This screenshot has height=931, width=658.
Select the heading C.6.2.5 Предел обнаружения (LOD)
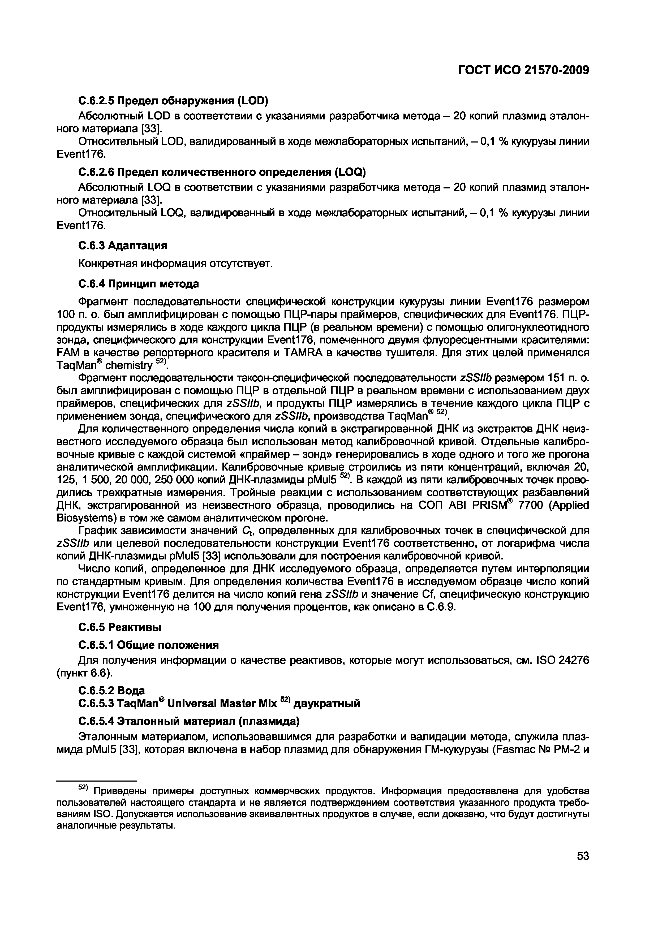point(174,100)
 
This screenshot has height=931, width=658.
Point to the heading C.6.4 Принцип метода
point(138,284)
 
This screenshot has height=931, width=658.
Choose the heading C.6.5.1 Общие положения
point(148,645)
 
